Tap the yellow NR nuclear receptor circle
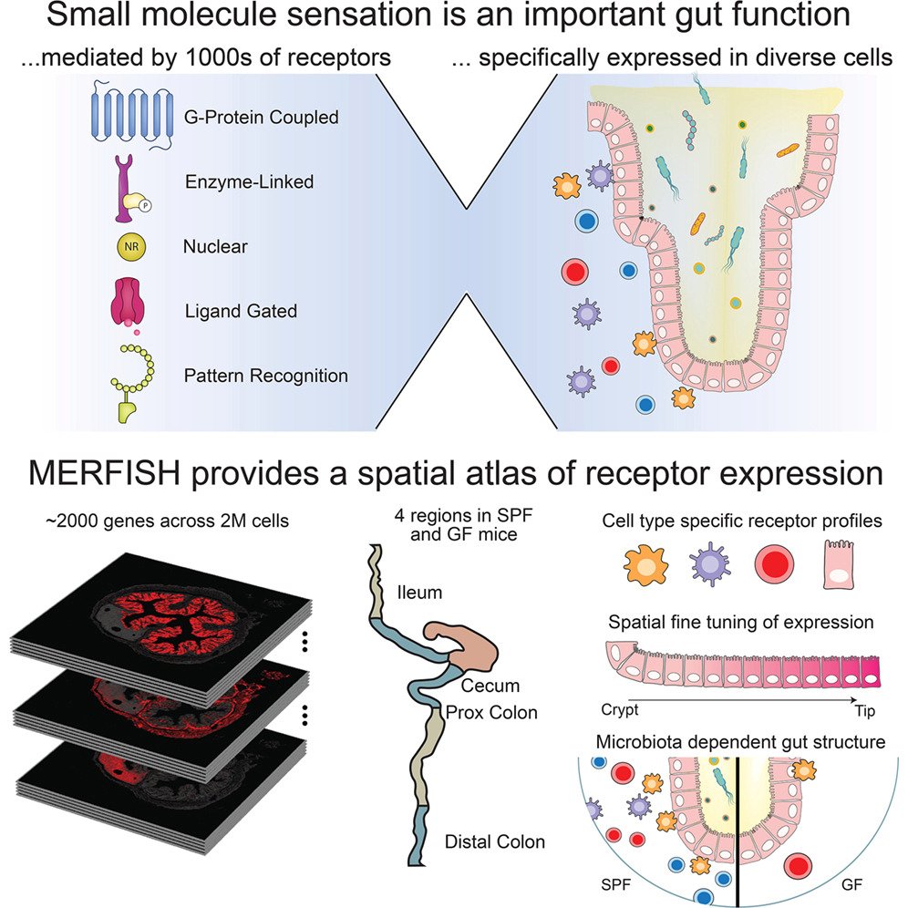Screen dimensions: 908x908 coord(129,246)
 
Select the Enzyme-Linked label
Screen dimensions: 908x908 coord(248,182)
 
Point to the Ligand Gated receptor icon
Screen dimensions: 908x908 coord(129,305)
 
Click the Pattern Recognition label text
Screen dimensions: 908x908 coord(265,375)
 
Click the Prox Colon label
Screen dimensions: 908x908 coord(492,711)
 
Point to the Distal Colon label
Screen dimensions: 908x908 coord(496,841)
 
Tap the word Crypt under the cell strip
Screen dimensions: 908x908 coord(621,708)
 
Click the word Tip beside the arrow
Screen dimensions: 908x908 coord(866,708)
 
